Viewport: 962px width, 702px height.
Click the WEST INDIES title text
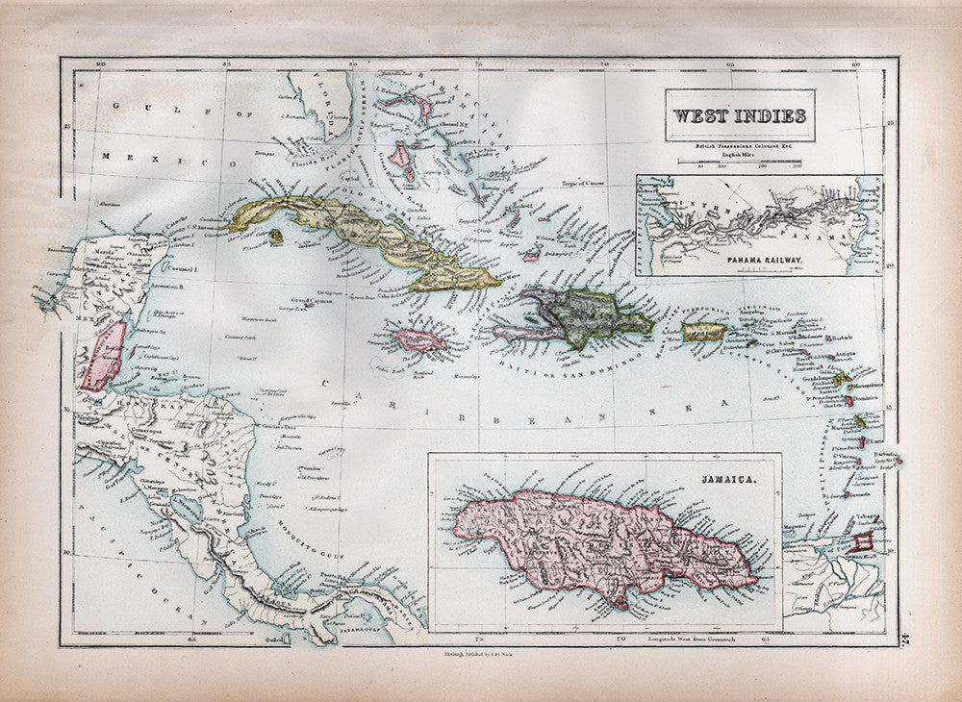click(x=738, y=116)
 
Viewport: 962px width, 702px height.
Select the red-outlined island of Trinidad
click(x=863, y=544)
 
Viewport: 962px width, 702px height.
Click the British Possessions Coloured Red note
click(x=737, y=145)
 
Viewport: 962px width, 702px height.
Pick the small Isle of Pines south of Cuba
click(x=275, y=235)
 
